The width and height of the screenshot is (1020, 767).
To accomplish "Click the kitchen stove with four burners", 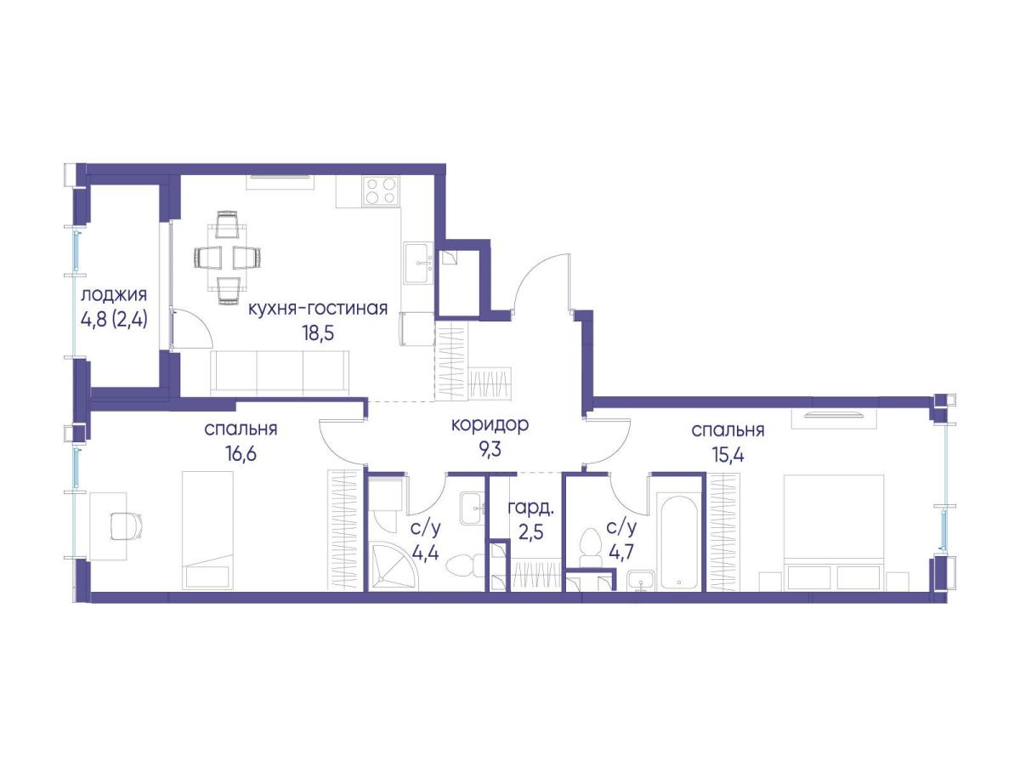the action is [x=381, y=191].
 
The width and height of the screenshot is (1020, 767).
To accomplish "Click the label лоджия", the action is [x=114, y=294].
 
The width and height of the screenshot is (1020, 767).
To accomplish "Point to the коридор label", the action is [x=490, y=424].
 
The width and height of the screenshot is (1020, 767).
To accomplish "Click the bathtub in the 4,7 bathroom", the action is [x=678, y=542].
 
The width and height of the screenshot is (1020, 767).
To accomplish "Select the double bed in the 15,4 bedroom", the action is [x=833, y=532].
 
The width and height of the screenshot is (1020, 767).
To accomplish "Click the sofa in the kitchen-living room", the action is [x=280, y=372].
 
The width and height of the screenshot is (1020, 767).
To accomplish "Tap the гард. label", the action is [x=531, y=509].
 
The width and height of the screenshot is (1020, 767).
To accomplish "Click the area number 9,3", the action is [x=490, y=450].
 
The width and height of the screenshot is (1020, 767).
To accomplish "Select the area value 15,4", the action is [x=728, y=454].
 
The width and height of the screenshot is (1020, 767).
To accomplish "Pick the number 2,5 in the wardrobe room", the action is [x=530, y=532].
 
